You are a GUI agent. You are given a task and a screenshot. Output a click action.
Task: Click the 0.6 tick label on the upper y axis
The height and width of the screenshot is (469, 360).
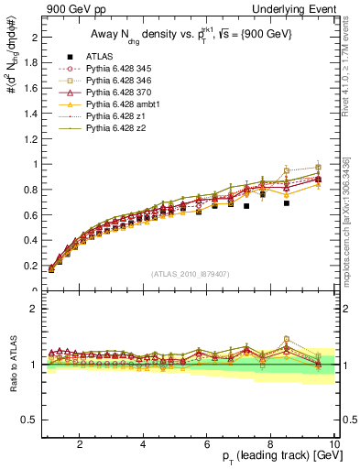click(x=29, y=215)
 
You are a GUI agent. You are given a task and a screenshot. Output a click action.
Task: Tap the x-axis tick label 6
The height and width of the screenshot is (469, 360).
click(x=207, y=444)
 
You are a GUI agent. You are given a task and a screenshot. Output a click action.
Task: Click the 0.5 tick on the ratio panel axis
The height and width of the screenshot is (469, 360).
click(x=29, y=420)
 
